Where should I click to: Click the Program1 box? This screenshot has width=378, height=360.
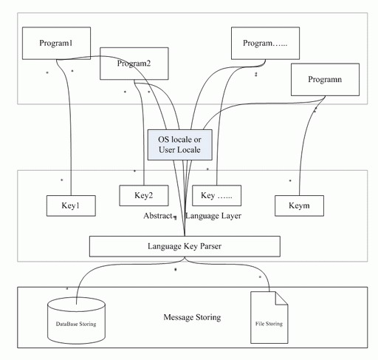[x=56, y=43]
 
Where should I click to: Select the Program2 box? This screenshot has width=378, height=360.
[x=134, y=64]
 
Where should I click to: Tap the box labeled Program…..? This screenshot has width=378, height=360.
[x=265, y=43]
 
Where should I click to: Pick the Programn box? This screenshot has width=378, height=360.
[x=325, y=80]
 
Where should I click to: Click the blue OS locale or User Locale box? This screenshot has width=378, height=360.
[x=180, y=145]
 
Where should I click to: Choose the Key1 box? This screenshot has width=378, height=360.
[x=71, y=206]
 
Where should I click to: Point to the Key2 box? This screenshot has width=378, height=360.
[x=144, y=195]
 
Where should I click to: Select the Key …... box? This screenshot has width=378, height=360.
[x=216, y=195]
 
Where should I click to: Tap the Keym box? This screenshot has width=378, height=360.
[x=299, y=206]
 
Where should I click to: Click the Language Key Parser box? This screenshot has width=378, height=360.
[x=185, y=246]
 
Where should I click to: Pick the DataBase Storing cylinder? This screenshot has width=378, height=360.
[x=76, y=321]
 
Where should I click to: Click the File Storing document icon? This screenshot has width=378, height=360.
[x=269, y=317]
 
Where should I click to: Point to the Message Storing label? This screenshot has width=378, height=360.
[x=192, y=317]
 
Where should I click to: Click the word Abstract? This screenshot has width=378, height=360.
[x=158, y=216]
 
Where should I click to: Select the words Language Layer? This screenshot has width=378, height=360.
[x=213, y=216]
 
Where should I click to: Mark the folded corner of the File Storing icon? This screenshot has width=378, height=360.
[x=282, y=298]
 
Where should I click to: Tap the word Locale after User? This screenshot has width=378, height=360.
[x=190, y=150]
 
